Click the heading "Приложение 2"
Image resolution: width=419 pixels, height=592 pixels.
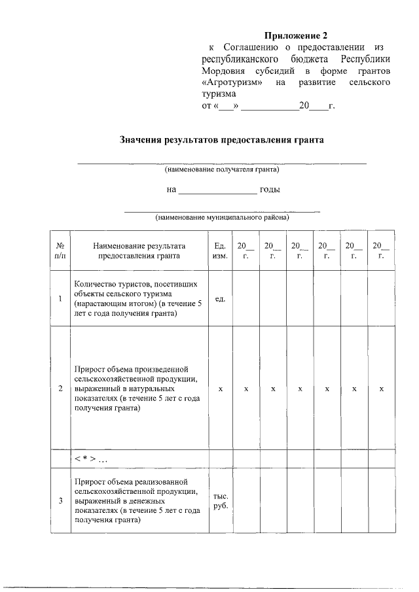(295, 35)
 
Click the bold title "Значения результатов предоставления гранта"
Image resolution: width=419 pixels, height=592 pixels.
(222, 140)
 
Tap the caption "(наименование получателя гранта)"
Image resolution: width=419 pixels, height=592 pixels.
(222, 169)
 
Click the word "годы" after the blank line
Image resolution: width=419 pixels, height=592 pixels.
(270, 190)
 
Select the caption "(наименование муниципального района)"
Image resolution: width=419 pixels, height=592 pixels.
(222, 217)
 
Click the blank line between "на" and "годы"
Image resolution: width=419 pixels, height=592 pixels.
(218, 191)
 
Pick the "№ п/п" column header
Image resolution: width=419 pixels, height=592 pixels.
(60, 251)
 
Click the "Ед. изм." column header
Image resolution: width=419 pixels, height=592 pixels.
(220, 251)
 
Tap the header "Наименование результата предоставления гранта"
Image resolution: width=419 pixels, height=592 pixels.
(139, 251)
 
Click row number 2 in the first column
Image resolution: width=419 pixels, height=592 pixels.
(60, 389)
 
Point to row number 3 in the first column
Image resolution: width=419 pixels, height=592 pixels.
(60, 501)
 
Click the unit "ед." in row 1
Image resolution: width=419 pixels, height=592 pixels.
(220, 299)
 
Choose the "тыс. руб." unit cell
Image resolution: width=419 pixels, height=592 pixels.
(220, 501)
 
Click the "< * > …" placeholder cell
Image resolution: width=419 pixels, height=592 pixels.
(92, 458)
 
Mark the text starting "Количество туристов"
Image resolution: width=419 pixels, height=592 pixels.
(139, 299)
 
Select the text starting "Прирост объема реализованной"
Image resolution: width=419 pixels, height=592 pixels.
(139, 501)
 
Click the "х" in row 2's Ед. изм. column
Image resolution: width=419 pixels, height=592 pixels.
(220, 389)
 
